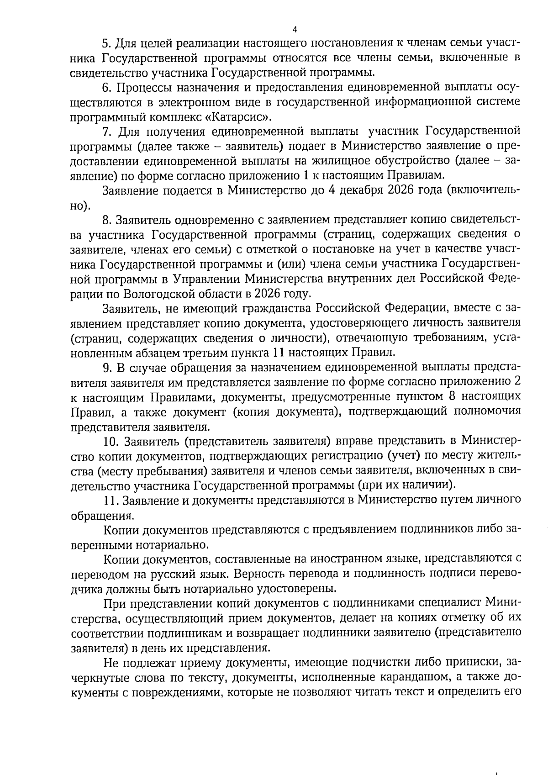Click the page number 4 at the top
(x=295, y=30)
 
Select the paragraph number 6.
(x=107, y=87)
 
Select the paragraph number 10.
(x=111, y=441)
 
